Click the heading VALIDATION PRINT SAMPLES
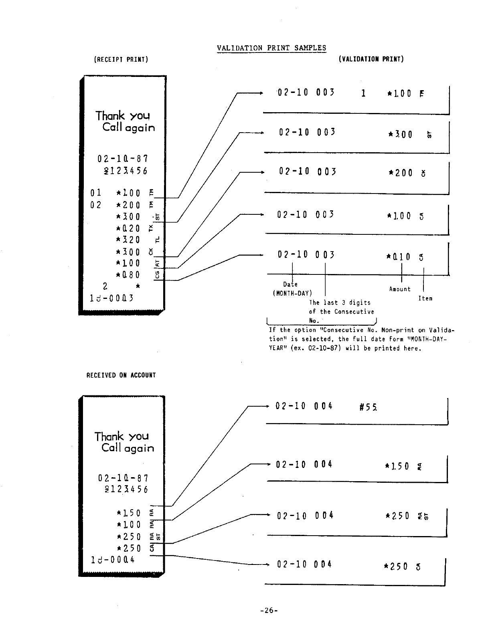pos(271,48)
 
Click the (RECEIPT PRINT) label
pos(121,60)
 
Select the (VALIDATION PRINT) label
pos(371,59)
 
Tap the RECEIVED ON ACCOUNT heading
pos(121,375)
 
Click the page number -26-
pos(269,611)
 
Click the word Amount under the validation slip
pos(400,289)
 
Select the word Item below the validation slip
pos(425,298)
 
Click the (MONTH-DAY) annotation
pos(292,293)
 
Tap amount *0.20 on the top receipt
pos(128,228)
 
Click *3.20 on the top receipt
pos(128,240)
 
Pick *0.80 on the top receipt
pos(128,275)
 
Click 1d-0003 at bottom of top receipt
pos(112,298)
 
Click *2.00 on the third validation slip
pos(401,173)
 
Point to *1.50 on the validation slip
pos(397,466)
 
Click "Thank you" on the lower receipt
pos(122,436)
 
